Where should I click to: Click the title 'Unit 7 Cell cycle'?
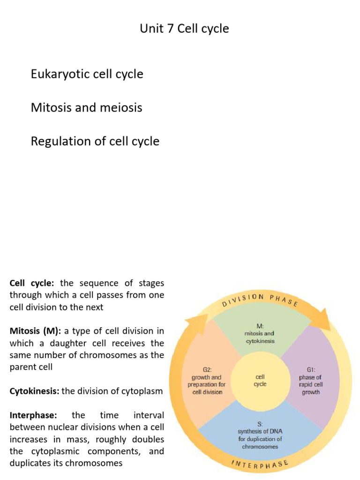(x=184, y=29)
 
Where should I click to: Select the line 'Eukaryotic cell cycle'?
(x=87, y=74)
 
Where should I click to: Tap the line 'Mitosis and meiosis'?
(x=86, y=107)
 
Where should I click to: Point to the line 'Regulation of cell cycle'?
(x=95, y=141)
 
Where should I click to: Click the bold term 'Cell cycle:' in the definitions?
(x=32, y=283)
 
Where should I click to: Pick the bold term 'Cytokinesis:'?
(x=34, y=391)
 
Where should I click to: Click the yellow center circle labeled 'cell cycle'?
(x=260, y=380)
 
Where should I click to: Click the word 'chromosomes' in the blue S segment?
(x=260, y=447)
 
